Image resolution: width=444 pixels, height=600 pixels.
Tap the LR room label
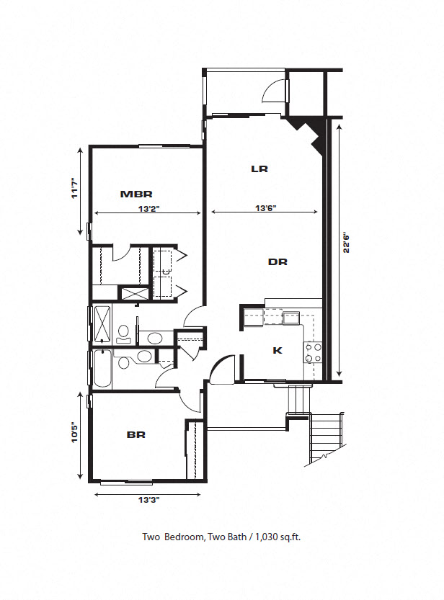(x=259, y=169)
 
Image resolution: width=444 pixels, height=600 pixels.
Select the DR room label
(x=277, y=262)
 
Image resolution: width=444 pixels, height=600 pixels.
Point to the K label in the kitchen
(x=277, y=351)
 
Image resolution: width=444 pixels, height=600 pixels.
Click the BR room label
(x=136, y=435)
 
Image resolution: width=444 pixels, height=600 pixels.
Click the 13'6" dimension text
(x=266, y=210)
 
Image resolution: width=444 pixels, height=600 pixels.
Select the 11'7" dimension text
(x=74, y=192)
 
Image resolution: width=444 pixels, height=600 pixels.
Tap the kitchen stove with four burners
(x=313, y=352)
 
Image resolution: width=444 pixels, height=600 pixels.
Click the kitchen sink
(x=291, y=316)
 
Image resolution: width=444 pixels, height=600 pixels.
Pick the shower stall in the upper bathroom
(x=102, y=323)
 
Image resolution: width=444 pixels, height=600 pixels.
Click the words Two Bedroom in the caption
(x=172, y=537)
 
